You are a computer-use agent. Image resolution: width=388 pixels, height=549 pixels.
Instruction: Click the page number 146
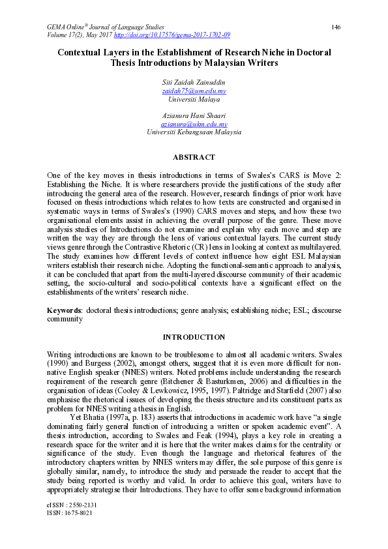(336, 27)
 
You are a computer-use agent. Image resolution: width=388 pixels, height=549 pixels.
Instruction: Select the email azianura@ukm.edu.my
(194, 123)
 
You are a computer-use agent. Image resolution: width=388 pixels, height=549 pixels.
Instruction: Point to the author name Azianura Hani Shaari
(194, 115)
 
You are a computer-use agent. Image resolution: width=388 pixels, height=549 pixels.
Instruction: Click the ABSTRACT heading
(194, 157)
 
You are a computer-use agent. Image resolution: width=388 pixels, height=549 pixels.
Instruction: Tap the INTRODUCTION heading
(194, 337)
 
